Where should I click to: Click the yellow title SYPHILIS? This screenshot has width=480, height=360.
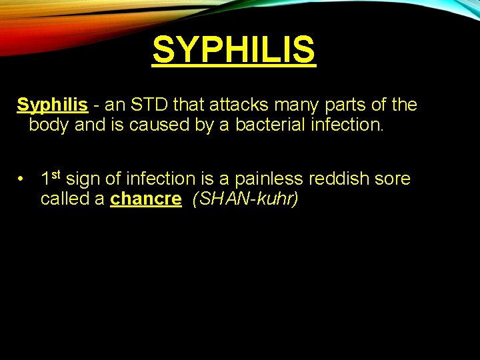(x=233, y=50)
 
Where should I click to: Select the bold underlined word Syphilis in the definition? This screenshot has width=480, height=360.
(x=52, y=105)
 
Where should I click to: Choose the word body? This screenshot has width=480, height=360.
(x=49, y=125)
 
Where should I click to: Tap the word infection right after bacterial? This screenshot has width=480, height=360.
(x=348, y=125)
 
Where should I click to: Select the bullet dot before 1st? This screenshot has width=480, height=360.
(x=22, y=179)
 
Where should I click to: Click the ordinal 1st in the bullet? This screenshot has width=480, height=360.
(x=51, y=178)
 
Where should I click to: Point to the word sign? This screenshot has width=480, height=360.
(x=85, y=179)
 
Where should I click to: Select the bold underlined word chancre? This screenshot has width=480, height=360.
(x=145, y=199)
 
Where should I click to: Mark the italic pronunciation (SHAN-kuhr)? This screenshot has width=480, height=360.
(x=245, y=199)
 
